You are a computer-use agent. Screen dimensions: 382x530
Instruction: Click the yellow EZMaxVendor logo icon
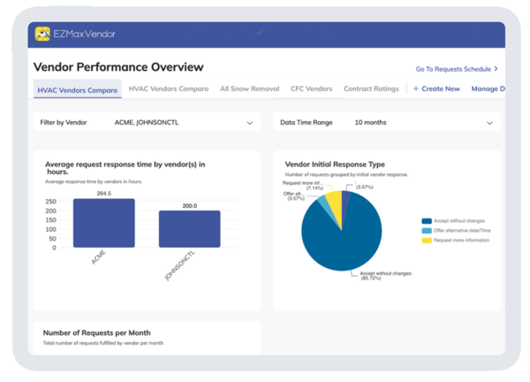click(x=42, y=34)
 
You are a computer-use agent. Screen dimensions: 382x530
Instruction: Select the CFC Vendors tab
click(x=310, y=88)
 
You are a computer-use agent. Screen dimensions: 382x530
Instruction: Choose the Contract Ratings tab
click(x=371, y=88)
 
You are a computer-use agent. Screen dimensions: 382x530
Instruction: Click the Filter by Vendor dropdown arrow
click(x=250, y=123)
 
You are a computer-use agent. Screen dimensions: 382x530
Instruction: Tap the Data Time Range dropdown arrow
click(x=489, y=123)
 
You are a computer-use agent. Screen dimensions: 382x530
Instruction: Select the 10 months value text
click(x=369, y=123)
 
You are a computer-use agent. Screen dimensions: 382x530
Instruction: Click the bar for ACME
click(x=103, y=223)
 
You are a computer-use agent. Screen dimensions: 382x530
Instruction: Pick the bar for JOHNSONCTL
click(x=189, y=228)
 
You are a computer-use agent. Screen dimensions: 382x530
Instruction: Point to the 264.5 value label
click(x=103, y=193)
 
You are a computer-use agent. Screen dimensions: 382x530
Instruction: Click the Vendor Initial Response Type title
click(x=335, y=164)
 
